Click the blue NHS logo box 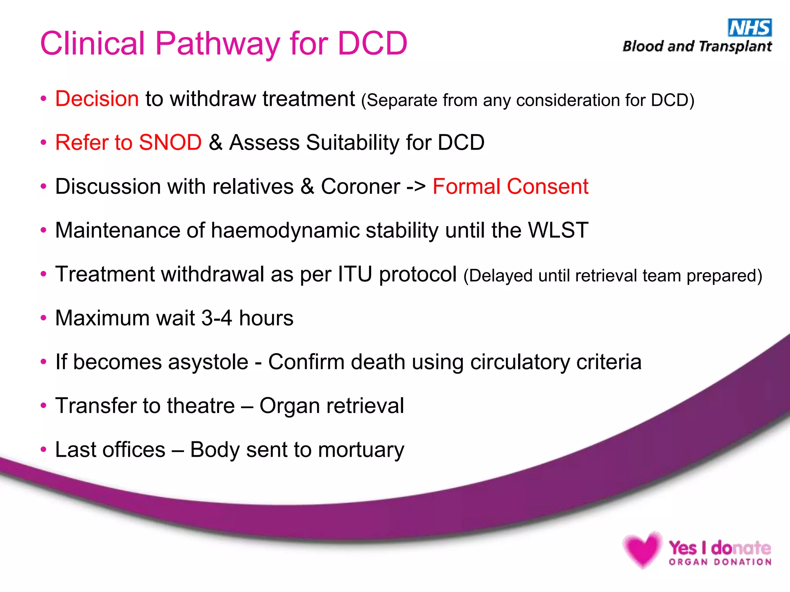pyautogui.click(x=749, y=28)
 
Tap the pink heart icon pyautogui.click(x=642, y=549)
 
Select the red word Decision pyautogui.click(x=97, y=99)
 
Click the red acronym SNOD pyautogui.click(x=170, y=143)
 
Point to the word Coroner pyautogui.click(x=360, y=187)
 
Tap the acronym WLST pyautogui.click(x=558, y=230)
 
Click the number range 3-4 pyautogui.click(x=217, y=318)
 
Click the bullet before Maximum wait pyautogui.click(x=44, y=318)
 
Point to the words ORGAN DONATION pyautogui.click(x=720, y=562)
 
